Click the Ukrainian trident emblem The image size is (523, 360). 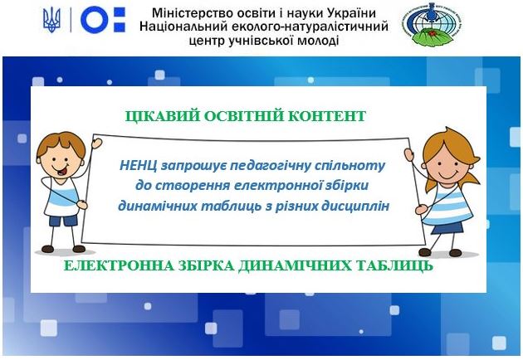51,20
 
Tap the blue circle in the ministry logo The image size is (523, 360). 95,20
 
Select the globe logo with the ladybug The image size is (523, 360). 432,24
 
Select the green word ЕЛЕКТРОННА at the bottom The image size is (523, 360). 119,265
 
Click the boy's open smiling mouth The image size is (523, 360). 62,171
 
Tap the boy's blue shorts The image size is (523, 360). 63,221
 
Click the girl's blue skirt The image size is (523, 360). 447,228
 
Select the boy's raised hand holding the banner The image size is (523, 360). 96,143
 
